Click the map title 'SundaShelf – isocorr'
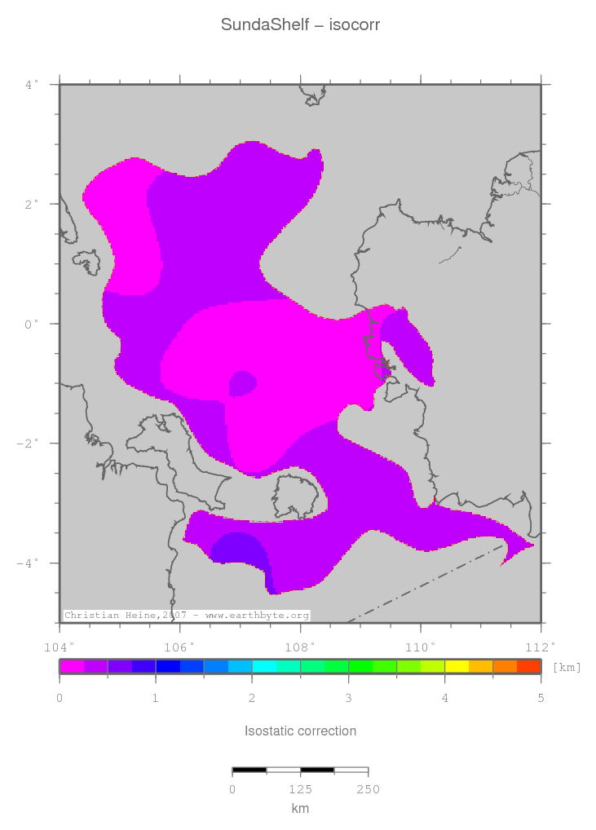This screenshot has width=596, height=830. point(300,25)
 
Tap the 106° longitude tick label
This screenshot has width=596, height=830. point(181,647)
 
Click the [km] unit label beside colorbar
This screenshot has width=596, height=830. point(567,668)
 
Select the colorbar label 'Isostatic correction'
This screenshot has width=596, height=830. point(300,731)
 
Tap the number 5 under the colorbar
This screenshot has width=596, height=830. point(541,699)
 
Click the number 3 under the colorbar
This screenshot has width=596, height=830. point(348,699)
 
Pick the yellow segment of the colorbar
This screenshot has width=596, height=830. point(457,666)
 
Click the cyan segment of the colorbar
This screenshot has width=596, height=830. point(264,666)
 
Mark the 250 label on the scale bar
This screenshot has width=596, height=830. point(368,789)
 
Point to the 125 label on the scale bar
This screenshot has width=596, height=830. point(300,789)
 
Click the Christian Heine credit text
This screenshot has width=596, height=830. point(186,616)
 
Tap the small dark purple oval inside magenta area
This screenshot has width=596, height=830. point(243,382)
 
